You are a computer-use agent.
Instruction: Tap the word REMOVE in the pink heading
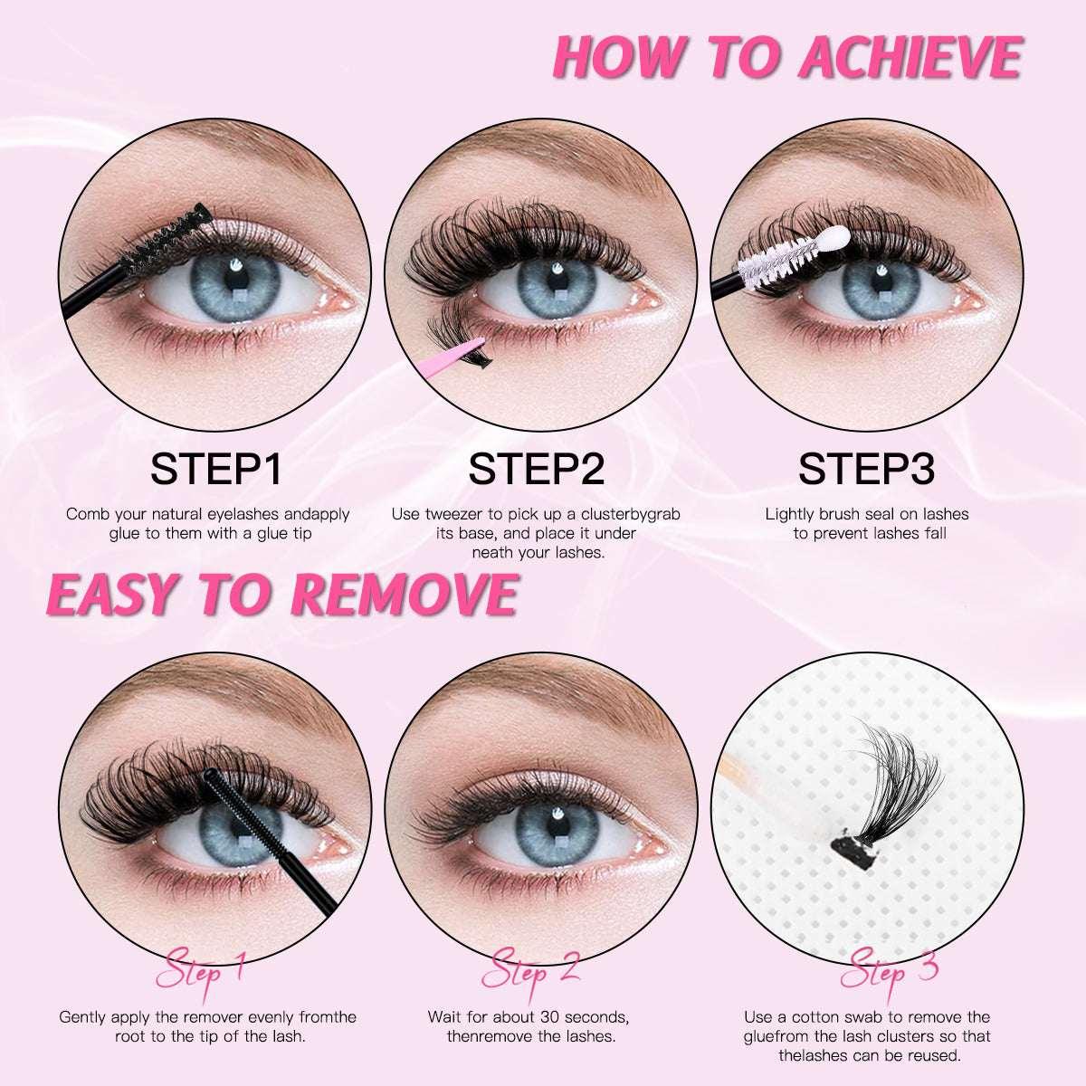click(405, 594)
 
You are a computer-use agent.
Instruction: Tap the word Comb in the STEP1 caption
click(86, 514)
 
